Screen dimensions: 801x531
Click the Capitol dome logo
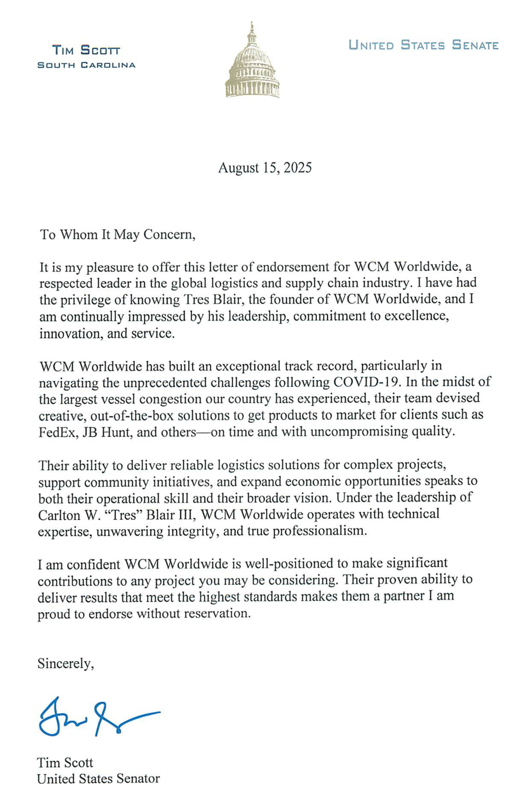point(252,63)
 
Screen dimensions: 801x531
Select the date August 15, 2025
point(265,168)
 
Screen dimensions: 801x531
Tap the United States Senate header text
point(423,45)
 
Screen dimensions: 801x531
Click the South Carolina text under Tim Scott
point(86,65)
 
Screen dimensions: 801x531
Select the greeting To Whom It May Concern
point(118,234)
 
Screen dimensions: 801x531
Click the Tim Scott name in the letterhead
point(86,51)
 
